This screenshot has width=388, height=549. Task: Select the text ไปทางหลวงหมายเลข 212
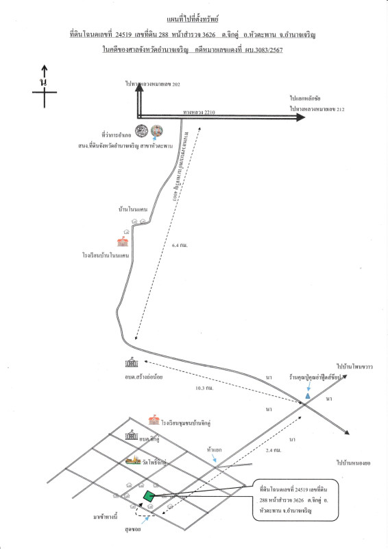coord(317,108)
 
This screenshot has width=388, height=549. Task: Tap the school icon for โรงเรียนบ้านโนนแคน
coord(123,242)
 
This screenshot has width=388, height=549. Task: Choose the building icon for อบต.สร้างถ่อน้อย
coord(132,363)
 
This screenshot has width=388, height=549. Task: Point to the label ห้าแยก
coord(214,449)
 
